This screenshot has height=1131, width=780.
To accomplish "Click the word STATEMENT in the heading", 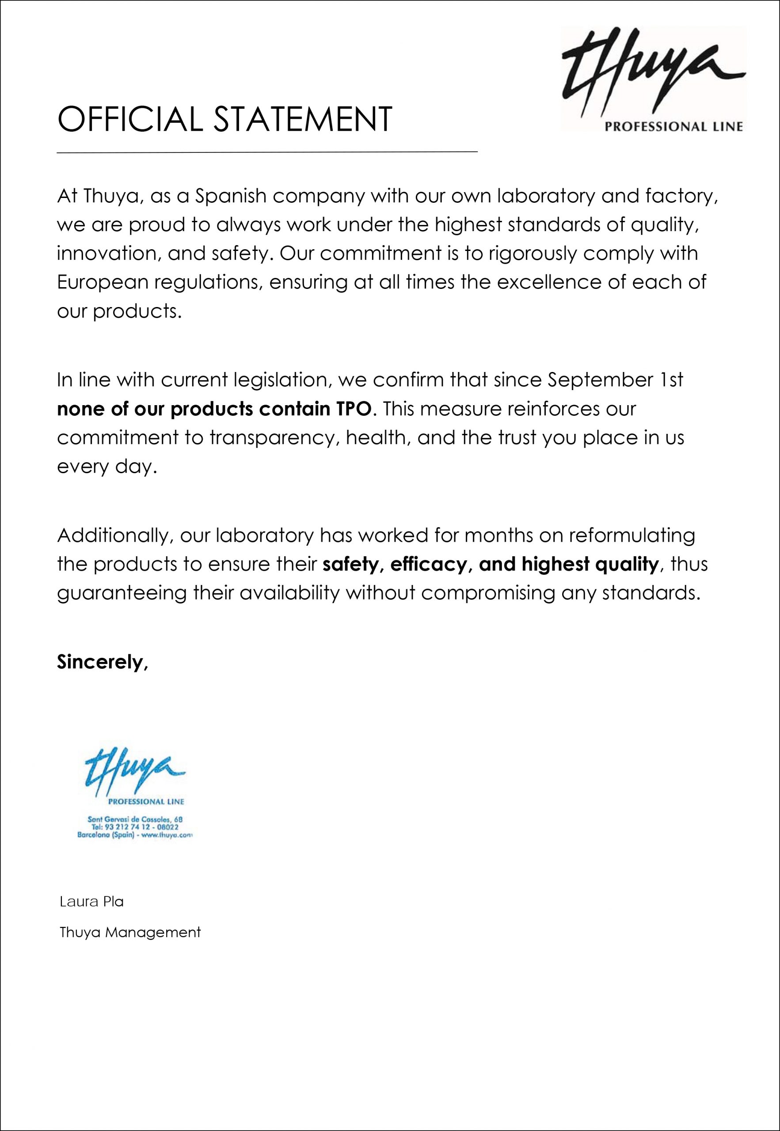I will [x=303, y=119].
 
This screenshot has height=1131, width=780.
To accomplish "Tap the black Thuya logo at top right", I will [x=654, y=71].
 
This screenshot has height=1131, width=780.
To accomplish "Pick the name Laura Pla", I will [x=91, y=901].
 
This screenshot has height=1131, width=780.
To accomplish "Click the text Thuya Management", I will [x=130, y=932].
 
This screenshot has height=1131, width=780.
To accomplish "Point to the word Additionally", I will [x=114, y=535].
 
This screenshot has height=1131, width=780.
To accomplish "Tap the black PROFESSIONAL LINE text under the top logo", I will [x=674, y=127].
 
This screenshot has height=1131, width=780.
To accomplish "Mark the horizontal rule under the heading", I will [x=267, y=152].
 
